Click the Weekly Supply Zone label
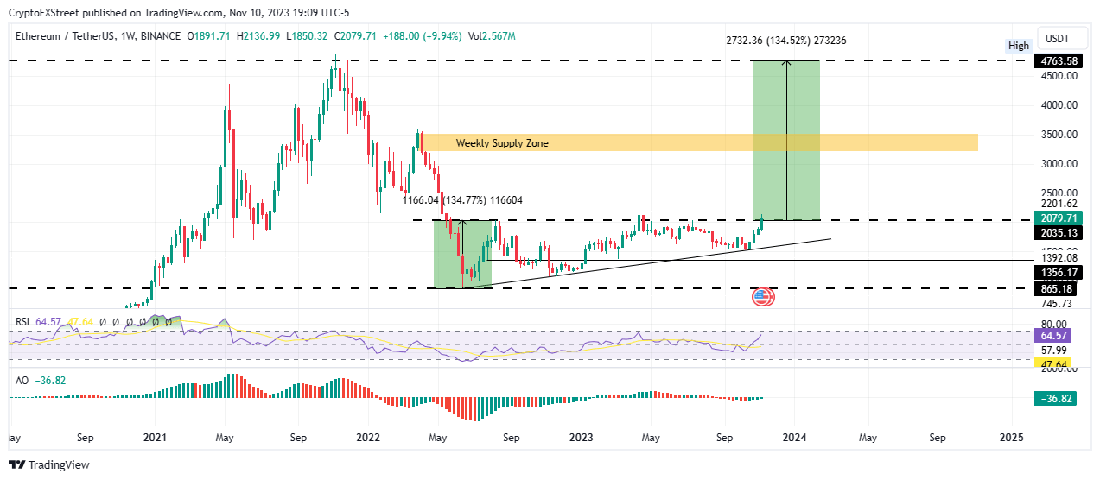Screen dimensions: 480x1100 point(502,143)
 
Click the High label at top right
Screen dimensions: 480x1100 point(1019,46)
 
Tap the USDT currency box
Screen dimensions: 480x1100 point(1058,38)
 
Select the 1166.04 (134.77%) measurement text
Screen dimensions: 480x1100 point(461,200)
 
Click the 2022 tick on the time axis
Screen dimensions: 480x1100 point(369,438)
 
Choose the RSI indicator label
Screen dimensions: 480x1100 point(23,322)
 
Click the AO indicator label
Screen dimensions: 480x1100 point(22,380)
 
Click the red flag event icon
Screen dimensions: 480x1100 point(763,298)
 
